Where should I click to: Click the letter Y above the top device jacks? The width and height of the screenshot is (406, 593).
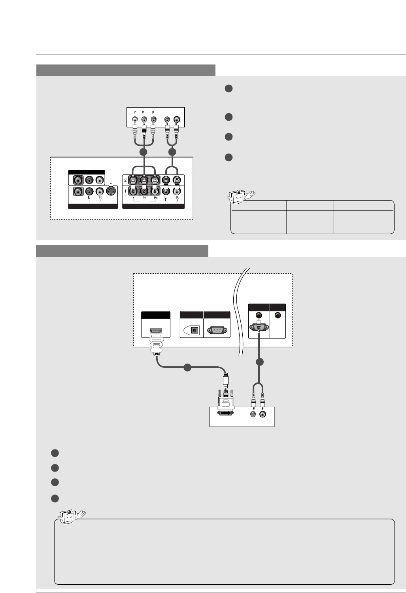point(135,112)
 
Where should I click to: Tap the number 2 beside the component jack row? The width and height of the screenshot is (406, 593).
point(126,180)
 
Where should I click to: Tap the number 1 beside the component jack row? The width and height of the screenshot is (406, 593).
point(126,191)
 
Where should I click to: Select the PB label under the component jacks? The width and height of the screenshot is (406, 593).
point(144,198)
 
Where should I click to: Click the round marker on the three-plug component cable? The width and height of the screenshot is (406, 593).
point(144,152)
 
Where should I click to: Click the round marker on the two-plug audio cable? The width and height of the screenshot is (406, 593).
point(172,152)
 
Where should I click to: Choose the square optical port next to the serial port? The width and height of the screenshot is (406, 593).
point(195,330)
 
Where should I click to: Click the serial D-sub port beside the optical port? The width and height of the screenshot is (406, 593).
point(217,330)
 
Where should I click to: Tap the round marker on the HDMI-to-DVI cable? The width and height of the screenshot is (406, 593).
point(188,368)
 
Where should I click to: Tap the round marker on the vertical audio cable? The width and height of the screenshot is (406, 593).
point(259,362)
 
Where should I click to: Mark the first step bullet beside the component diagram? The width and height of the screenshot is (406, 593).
point(228,89)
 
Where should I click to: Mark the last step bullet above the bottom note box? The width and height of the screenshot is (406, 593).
point(55,498)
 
